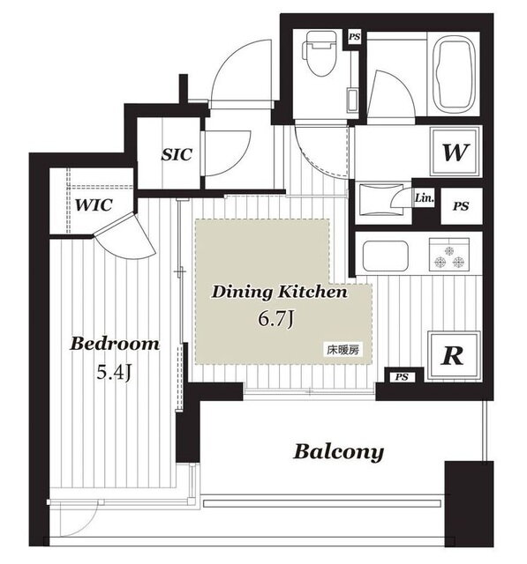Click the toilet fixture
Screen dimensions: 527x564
[320, 53]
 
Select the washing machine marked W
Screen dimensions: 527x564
[455, 152]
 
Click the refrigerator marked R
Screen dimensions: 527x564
[454, 356]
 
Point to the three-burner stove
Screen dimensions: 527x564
[449, 255]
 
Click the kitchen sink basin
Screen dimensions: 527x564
[386, 256]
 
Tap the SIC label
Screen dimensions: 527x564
[177, 155]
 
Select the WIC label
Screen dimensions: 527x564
[94, 205]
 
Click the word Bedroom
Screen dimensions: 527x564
[115, 344]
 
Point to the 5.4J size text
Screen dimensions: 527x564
[114, 373]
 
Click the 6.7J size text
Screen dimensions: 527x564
[276, 319]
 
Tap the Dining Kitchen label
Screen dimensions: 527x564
[279, 292]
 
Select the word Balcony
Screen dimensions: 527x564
[339, 452]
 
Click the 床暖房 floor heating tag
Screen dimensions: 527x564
[343, 350]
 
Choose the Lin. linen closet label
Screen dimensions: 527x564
[425, 198]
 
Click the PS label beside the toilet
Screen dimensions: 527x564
[354, 37]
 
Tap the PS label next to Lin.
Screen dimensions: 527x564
[461, 206]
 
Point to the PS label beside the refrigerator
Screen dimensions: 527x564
[402, 377]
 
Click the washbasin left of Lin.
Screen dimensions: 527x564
[382, 199]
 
